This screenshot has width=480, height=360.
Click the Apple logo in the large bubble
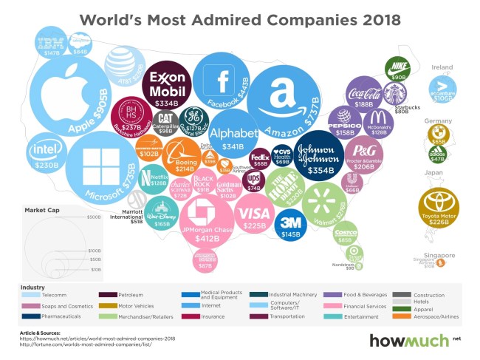pyautogui.click(x=63, y=92)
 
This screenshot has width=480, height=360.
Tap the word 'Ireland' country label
pyautogui.click(x=442, y=67)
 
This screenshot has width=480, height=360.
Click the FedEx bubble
pyautogui.click(x=261, y=158)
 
